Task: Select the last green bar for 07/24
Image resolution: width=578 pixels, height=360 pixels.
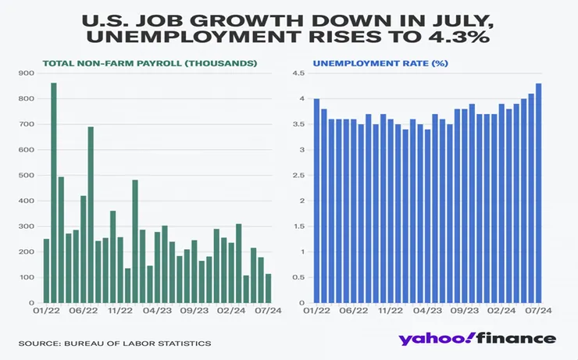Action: point(268,288)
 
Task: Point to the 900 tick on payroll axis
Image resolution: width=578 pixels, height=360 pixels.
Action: point(27,73)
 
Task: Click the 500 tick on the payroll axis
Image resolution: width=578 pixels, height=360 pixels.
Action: point(27,176)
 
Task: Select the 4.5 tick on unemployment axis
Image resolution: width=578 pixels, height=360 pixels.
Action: point(298,73)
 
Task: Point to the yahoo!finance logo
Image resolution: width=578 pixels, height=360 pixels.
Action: point(476,338)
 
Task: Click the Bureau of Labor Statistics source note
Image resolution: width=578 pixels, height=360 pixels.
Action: point(116,344)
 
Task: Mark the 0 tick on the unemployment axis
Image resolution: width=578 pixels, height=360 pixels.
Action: point(301,303)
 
